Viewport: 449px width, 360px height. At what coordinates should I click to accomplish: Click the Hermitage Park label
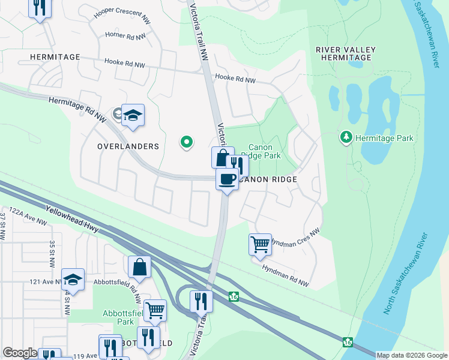[384, 138]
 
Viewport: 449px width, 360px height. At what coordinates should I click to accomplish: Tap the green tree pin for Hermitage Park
[346, 138]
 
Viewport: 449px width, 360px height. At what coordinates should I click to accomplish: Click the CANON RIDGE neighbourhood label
[266, 179]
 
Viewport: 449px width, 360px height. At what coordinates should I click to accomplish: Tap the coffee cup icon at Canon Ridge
[227, 179]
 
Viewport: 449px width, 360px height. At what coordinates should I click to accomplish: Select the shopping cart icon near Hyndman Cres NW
[260, 244]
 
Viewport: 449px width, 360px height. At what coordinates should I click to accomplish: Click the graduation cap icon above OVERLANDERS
[133, 115]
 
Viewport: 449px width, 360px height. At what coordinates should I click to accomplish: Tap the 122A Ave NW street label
[24, 217]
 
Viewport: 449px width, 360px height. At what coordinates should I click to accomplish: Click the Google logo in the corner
[20, 353]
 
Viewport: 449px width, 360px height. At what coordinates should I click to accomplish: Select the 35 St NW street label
[53, 253]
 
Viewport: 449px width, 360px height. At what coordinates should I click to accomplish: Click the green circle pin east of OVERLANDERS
[187, 142]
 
